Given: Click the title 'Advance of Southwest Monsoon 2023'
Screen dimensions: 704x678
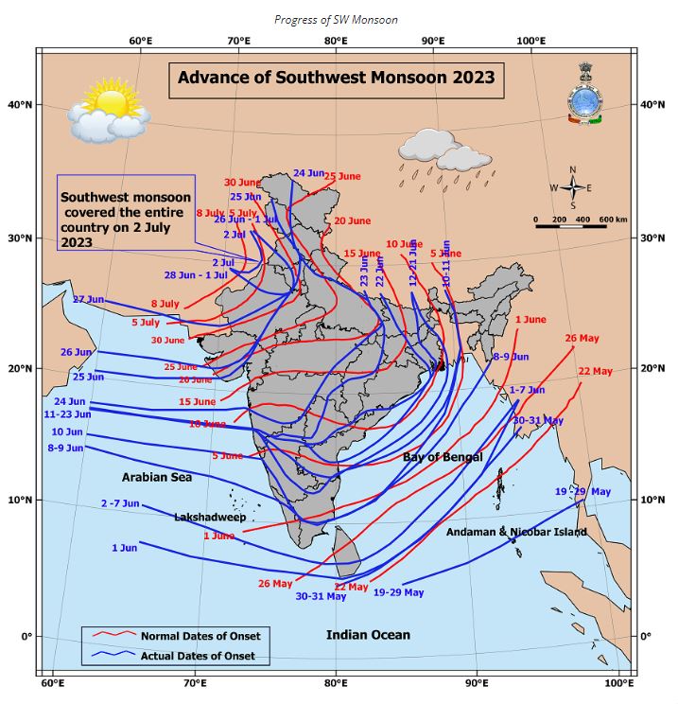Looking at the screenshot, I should pyautogui.click(x=336, y=78).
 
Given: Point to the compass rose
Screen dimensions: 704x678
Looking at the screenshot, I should pyautogui.click(x=571, y=187).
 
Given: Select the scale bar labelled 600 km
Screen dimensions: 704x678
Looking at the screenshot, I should pyautogui.click(x=582, y=223).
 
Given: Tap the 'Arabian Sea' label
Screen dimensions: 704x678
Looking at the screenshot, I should pyautogui.click(x=156, y=478).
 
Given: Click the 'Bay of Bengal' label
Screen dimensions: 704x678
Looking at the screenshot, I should pyautogui.click(x=443, y=457).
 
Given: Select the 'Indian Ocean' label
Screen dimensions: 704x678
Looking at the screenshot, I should pyautogui.click(x=368, y=635).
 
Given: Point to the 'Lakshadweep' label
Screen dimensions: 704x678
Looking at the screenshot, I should pyautogui.click(x=210, y=519).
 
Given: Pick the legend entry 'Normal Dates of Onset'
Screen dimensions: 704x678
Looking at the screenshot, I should pyautogui.click(x=200, y=635).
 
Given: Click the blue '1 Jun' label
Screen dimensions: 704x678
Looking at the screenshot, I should pyautogui.click(x=124, y=548).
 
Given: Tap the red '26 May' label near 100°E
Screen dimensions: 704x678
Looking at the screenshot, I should pyautogui.click(x=582, y=339).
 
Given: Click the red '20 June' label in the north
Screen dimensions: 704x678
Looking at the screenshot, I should pyautogui.click(x=352, y=220).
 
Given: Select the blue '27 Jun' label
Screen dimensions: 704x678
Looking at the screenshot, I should pyautogui.click(x=88, y=299).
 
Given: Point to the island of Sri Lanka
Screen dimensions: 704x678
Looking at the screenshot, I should pyautogui.click(x=348, y=548).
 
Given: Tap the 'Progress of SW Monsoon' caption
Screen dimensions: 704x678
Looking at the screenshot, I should pyautogui.click(x=336, y=20).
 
